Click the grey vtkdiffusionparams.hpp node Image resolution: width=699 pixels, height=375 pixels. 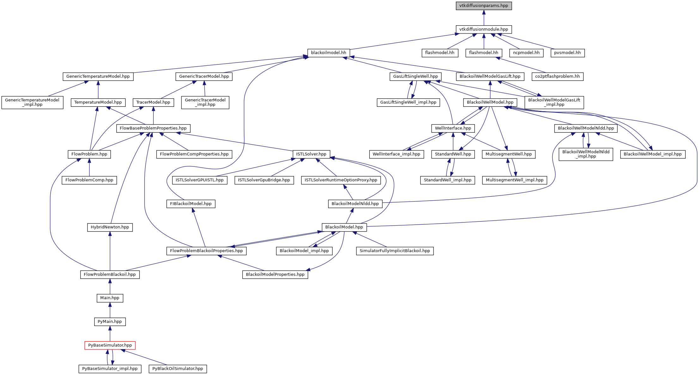(483, 6)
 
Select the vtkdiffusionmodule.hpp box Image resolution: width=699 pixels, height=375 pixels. (483, 29)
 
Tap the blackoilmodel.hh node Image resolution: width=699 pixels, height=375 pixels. (328, 53)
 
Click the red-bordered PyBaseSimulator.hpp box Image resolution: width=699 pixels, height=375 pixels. (110, 345)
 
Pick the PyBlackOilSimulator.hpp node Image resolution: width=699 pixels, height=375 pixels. (178, 369)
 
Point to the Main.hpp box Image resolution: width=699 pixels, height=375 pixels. (110, 298)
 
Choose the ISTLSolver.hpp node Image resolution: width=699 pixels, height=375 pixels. (311, 154)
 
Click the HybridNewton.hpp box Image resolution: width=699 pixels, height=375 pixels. (110, 227)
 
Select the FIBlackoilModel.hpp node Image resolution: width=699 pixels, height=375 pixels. (191, 204)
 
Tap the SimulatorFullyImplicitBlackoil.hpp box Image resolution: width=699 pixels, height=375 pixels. (395, 251)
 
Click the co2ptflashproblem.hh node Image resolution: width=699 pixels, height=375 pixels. (557, 76)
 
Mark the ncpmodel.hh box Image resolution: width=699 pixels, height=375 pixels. (526, 53)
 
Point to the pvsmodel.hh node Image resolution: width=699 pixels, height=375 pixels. (567, 53)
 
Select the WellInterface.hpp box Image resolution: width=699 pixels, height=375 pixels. (453, 128)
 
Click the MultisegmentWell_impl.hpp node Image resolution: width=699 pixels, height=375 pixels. (514, 180)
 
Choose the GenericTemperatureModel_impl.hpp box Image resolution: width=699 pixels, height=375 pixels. (32, 102)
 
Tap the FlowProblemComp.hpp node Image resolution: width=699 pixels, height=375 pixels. (89, 180)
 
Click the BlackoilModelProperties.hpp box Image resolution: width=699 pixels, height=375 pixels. (275, 275)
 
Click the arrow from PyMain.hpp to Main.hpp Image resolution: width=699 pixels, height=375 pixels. (110, 310)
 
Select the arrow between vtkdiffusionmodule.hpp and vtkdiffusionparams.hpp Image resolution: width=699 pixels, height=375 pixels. (483, 18)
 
